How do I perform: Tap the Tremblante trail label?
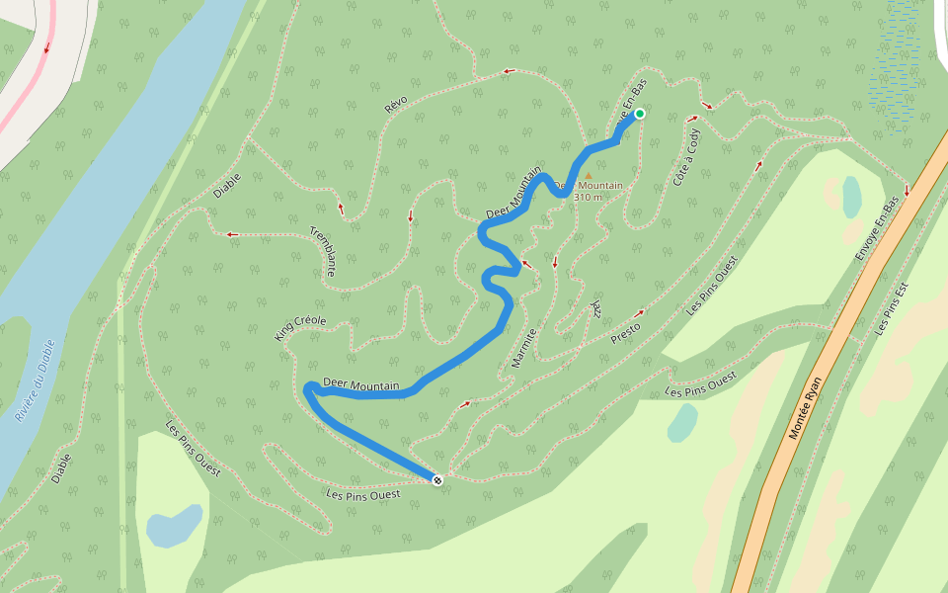click(x=324, y=251)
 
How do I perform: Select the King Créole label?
click(x=300, y=328)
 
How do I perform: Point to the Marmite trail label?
click(x=522, y=348)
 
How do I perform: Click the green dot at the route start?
click(x=639, y=114)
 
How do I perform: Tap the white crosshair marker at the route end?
click(x=437, y=479)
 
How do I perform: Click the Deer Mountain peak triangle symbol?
click(x=588, y=176)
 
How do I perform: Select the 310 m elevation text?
click(x=588, y=197)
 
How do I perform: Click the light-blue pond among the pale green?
click(x=174, y=525)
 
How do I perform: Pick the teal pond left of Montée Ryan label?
click(x=682, y=423)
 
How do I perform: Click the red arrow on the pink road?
click(x=46, y=46)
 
